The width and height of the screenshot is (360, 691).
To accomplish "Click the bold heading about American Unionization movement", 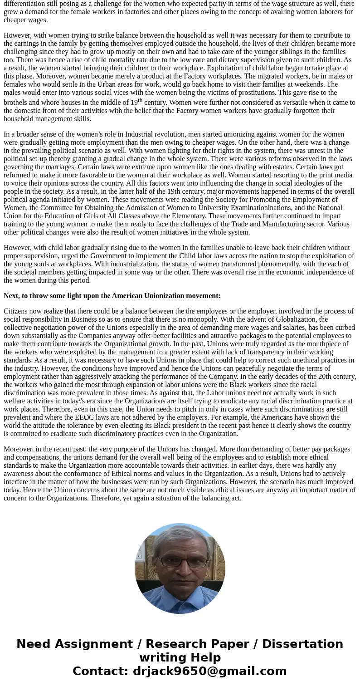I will pyautogui.click(x=112, y=296).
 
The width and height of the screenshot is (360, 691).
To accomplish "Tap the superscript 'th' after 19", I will pyautogui.click(x=140, y=100).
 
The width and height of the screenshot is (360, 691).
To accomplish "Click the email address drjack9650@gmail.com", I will pyautogui.click(x=209, y=671).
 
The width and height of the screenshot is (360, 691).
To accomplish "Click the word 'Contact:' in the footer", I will pyautogui.click(x=101, y=671).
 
